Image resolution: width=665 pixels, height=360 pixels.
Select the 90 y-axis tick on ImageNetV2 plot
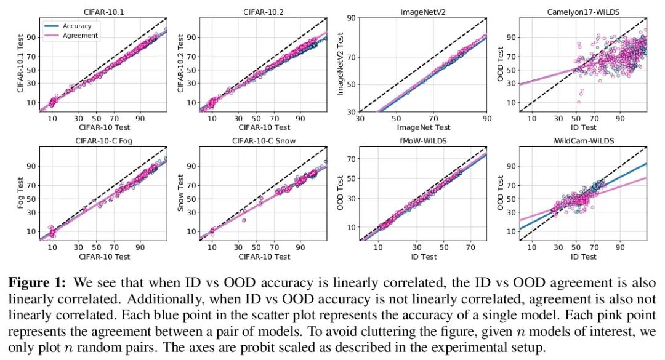pyautogui.click(x=350, y=18)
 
